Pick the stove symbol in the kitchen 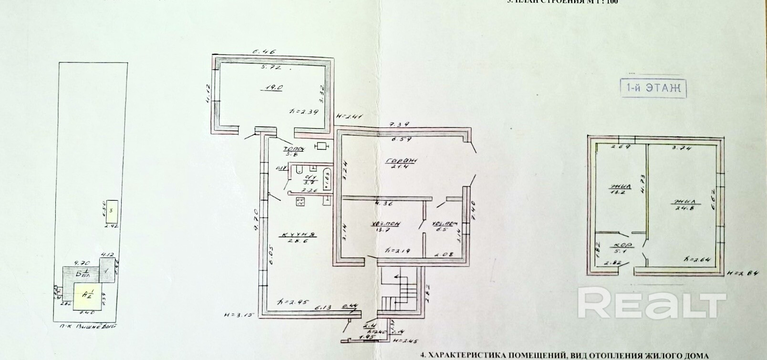point(301,201)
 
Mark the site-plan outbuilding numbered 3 point(110,209)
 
